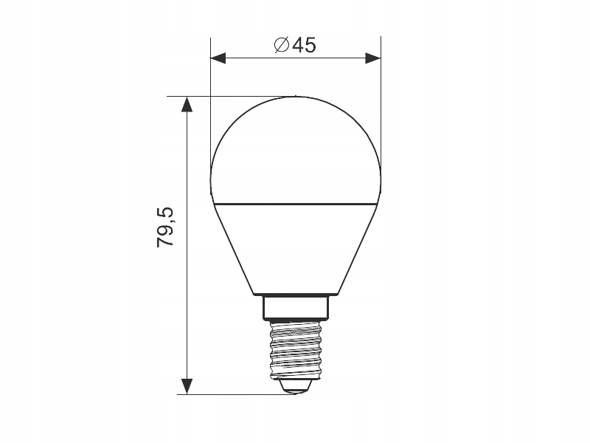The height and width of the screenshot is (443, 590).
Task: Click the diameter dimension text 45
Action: pos(303,45)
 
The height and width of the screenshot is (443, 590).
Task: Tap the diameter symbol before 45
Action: pos(281,45)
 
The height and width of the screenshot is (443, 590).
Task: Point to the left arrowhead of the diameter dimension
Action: pos(219,56)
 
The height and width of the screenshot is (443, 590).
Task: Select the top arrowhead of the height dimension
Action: pos(187,105)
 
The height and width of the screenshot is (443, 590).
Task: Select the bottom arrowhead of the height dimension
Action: pos(187,385)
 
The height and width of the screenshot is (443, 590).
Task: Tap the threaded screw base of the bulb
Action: pos(295,347)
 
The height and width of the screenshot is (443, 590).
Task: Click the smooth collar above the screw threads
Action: pos(295,307)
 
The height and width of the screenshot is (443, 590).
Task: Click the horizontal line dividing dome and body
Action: pos(295,201)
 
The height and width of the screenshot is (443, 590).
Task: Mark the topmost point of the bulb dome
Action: pos(295,97)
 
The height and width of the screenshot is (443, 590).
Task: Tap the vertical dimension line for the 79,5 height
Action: pos(187,295)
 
